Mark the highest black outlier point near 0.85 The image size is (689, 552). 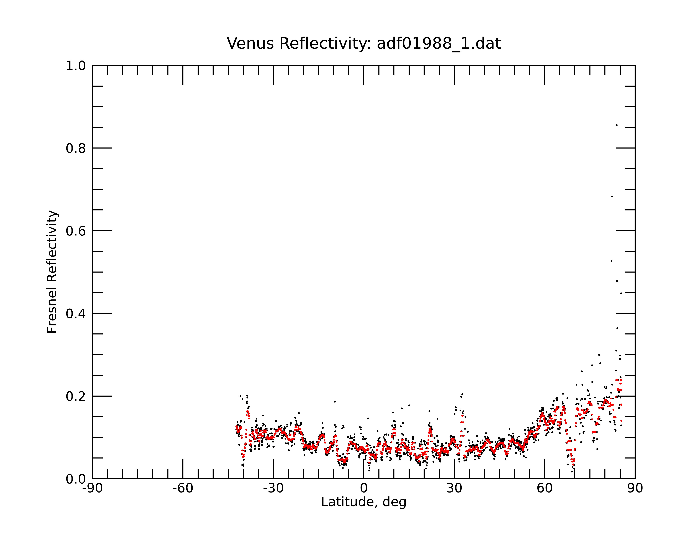pos(616,125)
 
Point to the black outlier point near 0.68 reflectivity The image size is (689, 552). pos(612,196)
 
